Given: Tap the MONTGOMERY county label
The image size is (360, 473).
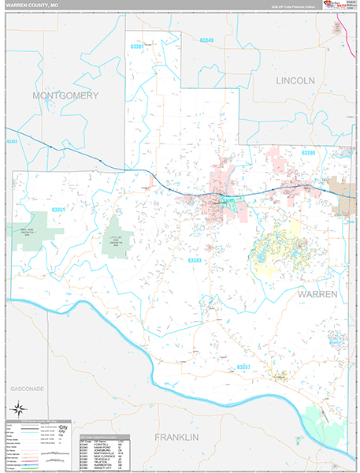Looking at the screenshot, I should [65, 95].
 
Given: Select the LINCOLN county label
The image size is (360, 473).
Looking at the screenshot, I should [295, 80].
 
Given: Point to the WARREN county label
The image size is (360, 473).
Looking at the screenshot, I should [317, 293].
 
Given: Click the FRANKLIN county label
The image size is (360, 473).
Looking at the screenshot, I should [178, 437].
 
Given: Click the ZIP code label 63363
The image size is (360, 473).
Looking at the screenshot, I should [12, 141].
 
